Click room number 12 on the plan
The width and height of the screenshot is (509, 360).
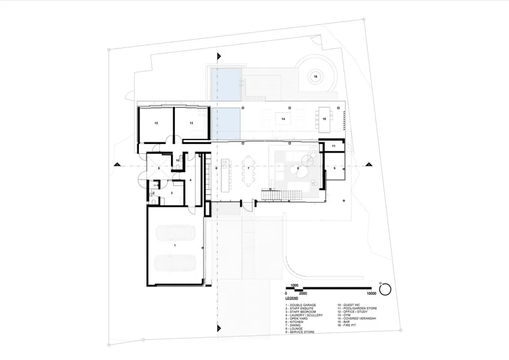(156, 123)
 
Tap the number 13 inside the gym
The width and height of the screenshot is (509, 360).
(191, 123)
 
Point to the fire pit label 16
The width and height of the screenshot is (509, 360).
(316, 76)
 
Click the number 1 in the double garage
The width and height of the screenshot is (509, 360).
(175, 245)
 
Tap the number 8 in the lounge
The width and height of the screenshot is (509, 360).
(298, 168)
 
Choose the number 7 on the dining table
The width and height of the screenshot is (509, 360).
(248, 168)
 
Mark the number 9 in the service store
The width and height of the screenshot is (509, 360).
(334, 168)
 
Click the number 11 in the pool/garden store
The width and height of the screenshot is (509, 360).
(333, 146)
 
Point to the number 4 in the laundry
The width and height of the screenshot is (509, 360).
(190, 180)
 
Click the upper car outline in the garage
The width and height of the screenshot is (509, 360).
(175, 233)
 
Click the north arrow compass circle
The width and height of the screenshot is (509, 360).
(385, 289)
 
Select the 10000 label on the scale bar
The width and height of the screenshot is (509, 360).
(371, 294)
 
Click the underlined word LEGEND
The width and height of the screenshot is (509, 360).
(292, 298)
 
